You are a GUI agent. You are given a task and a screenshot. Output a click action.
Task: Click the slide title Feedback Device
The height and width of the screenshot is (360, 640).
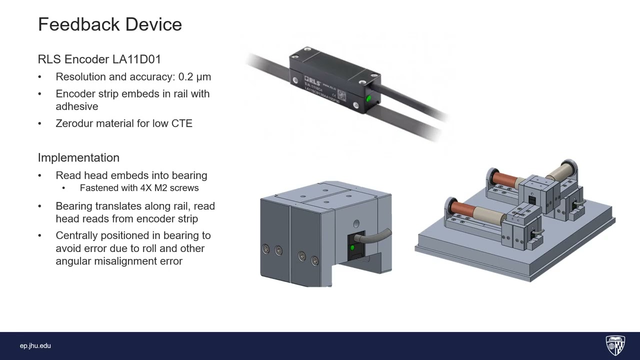(109, 24)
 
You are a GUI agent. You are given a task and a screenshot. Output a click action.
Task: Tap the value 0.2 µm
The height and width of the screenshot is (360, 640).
(194, 77)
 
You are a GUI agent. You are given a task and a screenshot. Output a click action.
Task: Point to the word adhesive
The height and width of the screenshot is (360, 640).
(76, 106)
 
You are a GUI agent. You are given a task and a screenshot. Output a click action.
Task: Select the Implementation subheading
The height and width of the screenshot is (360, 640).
(78, 157)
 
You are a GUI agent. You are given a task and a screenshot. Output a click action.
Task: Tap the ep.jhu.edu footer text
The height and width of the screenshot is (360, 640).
(35, 346)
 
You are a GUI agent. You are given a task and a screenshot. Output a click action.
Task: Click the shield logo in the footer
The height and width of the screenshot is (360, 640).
(615, 345)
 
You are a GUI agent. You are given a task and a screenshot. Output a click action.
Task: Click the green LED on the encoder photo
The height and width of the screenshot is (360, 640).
(368, 98)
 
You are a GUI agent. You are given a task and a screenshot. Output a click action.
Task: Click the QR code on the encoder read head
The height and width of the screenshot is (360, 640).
(342, 94)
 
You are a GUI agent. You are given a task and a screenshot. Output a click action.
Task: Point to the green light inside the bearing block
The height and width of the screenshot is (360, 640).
(352, 247)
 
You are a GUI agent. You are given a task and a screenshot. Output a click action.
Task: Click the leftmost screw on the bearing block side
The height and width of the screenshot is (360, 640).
(266, 249)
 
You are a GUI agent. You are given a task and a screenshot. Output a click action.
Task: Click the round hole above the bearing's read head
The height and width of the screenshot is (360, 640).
(356, 223)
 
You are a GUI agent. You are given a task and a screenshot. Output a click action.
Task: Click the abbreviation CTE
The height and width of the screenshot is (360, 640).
(182, 123)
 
